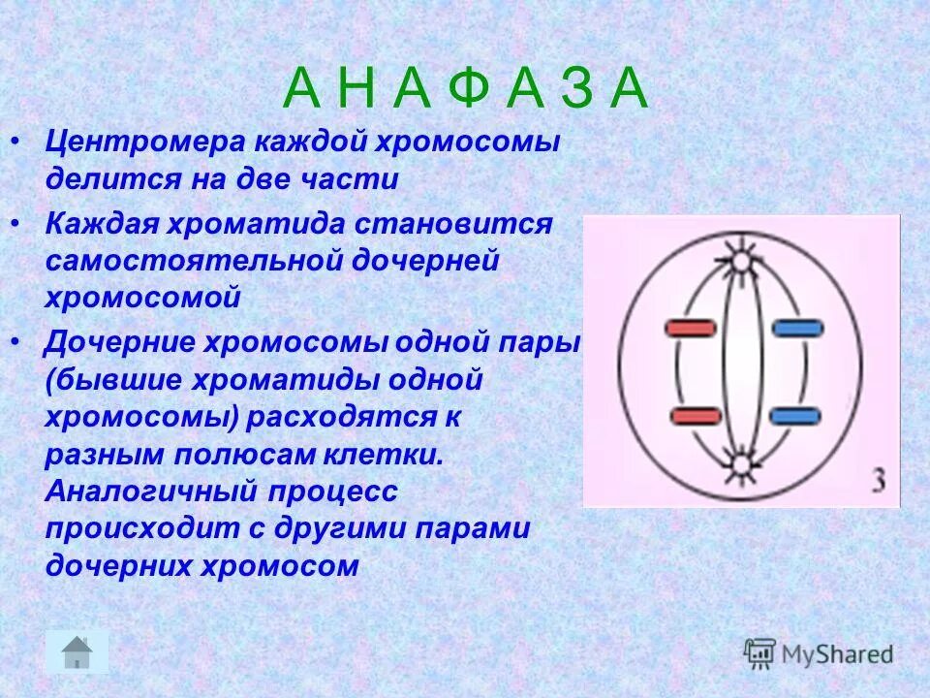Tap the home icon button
77,650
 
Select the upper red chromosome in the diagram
691,329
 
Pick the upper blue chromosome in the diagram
797,329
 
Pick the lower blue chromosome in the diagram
796,417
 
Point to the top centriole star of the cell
742,260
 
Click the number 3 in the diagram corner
879,482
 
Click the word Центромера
144,143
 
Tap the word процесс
325,492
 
